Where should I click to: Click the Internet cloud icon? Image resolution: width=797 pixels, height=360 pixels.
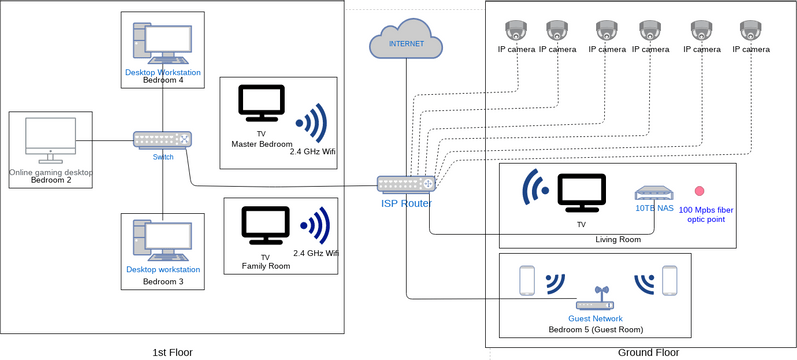pyautogui.click(x=405, y=41)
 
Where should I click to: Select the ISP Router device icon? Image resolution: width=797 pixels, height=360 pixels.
pyautogui.click(x=406, y=184)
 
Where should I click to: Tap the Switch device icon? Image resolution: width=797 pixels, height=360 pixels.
pyautogui.click(x=162, y=140)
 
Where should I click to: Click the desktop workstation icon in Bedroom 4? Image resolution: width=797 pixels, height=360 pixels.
pyautogui.click(x=162, y=44)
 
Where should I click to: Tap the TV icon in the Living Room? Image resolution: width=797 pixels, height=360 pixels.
pyautogui.click(x=581, y=192)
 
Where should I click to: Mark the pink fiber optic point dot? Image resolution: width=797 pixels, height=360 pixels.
pyautogui.click(x=699, y=190)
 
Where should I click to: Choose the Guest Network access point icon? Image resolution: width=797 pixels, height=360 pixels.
pyautogui.click(x=600, y=300)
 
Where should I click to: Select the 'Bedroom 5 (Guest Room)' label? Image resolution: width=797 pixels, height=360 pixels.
pyautogui.click(x=596, y=328)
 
